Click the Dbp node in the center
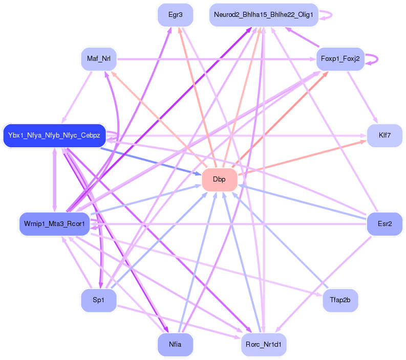[219, 179]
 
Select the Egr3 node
[175, 15]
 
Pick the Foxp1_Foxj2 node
[340, 59]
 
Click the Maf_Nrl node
[99, 58]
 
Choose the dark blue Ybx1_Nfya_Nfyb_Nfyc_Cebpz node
[54, 136]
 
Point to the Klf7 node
[384, 136]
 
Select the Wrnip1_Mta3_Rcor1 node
[54, 224]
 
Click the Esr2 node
[384, 223]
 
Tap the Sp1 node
[99, 300]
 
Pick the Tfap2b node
[340, 300]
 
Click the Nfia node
[175, 344]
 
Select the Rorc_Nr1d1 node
[263, 344]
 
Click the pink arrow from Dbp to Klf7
[302, 158]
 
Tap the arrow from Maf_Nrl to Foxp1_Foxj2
[215, 59]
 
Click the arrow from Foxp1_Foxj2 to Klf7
[362, 98]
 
